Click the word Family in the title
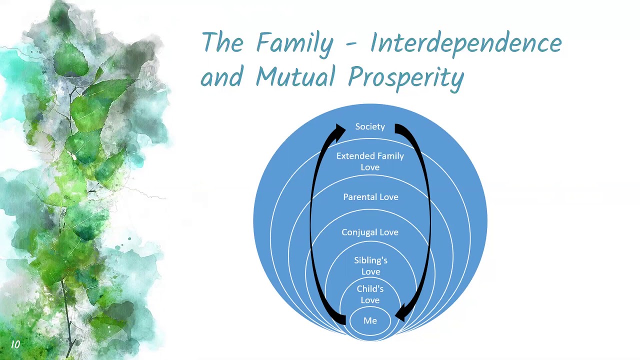coord(294,43)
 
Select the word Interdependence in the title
coord(465,43)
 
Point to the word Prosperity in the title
coord(406,78)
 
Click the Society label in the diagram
coord(370,127)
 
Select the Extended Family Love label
coord(370,161)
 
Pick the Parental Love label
coord(370,197)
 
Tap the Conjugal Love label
coord(370,232)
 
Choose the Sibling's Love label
coord(370,266)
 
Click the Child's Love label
coord(370,294)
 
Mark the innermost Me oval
coord(370,320)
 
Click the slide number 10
coord(15,344)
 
